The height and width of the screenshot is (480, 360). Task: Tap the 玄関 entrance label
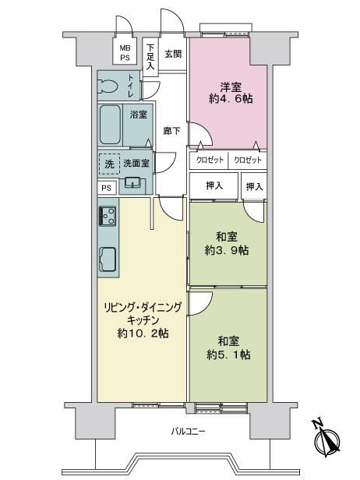pos(173,54)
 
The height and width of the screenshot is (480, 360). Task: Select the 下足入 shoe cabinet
pos(150,57)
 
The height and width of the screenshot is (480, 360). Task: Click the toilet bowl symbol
pos(108,86)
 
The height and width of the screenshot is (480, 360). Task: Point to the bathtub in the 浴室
pos(110,125)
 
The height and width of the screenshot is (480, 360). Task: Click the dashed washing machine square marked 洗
pos(109,164)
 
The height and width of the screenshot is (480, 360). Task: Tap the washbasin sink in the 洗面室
pos(132,182)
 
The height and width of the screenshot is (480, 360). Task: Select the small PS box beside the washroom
pos(107,188)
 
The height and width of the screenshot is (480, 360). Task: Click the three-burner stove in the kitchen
pos(108,216)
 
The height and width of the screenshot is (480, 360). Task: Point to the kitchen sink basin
pos(108,259)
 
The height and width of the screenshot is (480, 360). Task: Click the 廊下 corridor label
pos(171,131)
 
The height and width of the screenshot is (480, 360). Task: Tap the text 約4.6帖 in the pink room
pos(231,98)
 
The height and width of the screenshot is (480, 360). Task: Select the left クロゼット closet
pos(209,160)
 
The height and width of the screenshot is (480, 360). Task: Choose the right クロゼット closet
pos(248,160)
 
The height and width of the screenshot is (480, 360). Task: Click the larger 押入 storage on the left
pos(214,186)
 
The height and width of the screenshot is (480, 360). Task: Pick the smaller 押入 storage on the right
pos(254,186)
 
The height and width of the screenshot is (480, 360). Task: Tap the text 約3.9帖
pos(227,250)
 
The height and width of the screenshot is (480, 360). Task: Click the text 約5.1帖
pos(228,355)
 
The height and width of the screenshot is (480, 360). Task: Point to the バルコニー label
pos(188,432)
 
